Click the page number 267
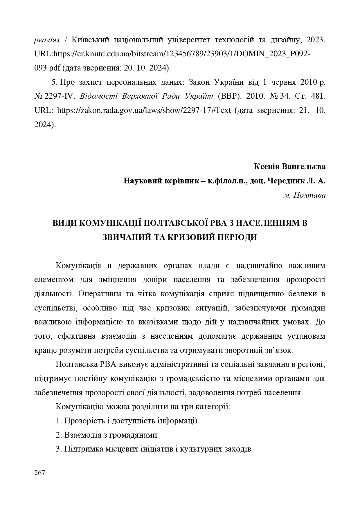[39, 473]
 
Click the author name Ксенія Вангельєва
[289, 167]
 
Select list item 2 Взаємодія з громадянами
[107, 435]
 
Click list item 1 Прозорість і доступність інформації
[127, 421]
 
